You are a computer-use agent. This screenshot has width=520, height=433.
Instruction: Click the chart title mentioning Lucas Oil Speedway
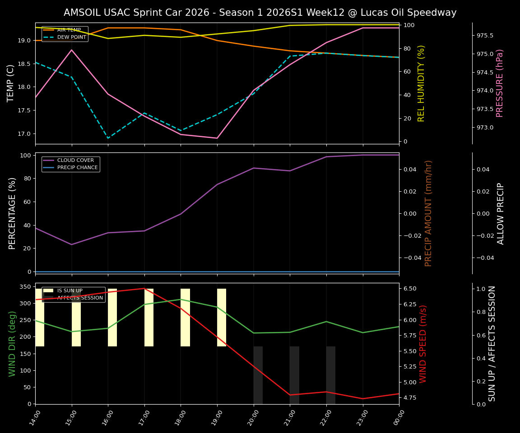coord(260,13)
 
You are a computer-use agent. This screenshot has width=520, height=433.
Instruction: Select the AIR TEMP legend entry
coord(69,30)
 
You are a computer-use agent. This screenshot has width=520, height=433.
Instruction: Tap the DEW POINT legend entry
coord(71,37)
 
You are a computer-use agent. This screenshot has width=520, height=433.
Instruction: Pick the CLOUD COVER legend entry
coord(75,160)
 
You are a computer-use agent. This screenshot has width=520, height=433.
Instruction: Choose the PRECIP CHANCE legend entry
coord(77,168)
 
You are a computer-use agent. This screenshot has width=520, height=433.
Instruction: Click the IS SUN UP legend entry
coord(70,290)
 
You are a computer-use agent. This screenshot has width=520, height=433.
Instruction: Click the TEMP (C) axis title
coord(11,83)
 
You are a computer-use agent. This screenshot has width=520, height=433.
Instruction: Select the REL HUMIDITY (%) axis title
coord(422,83)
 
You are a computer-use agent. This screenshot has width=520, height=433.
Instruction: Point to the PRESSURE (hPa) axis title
coord(500,83)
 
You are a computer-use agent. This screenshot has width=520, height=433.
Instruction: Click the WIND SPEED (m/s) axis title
coord(423,344)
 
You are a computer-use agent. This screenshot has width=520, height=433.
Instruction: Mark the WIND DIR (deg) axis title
coord(12,344)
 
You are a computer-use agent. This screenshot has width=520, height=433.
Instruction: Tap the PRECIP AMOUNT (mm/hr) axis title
coord(428,213)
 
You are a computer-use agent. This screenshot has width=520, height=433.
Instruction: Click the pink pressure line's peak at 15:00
coord(71,50)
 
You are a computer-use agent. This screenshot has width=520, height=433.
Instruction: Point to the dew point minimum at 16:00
coord(108,138)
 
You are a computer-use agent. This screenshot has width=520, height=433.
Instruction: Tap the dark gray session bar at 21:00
coord(294,375)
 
